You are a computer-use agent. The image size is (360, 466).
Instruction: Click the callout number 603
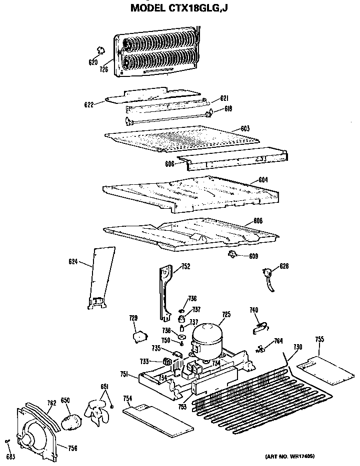point(245,129)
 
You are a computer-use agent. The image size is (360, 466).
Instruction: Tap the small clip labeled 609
point(232,255)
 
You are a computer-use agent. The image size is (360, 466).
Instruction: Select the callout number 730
point(297,347)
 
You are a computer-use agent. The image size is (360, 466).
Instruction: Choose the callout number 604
point(263,179)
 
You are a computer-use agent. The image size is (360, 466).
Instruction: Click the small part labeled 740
point(257,328)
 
